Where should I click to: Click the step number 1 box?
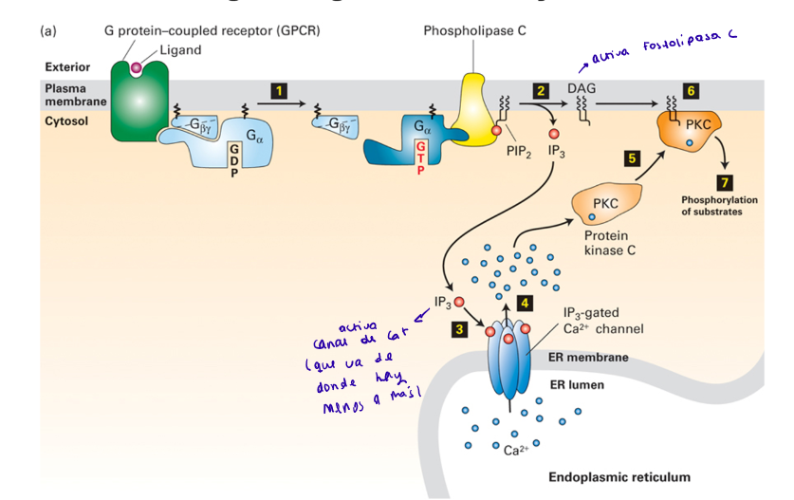pyautogui.click(x=278, y=90)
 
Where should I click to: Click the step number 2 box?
pyautogui.click(x=541, y=90)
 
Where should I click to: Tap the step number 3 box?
pyautogui.click(x=459, y=329)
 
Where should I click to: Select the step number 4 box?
pyautogui.click(x=524, y=303)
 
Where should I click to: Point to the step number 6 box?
pyautogui.click(x=689, y=90)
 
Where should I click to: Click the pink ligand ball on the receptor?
pyautogui.click(x=138, y=67)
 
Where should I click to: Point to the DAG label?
pyautogui.click(x=581, y=88)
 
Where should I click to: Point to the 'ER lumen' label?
pyautogui.click(x=577, y=385)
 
